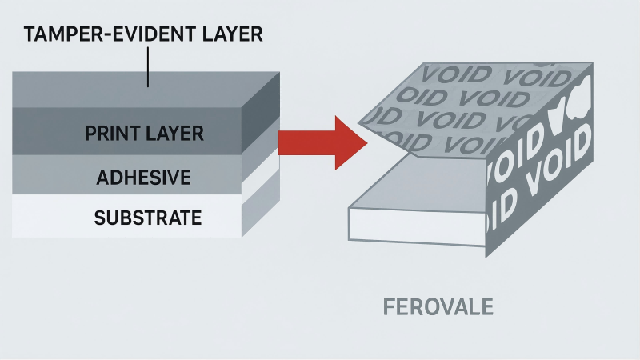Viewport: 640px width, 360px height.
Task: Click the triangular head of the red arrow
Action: tap(349, 142)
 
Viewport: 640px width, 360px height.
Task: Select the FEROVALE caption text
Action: tap(438, 307)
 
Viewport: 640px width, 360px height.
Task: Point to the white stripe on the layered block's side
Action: tap(260, 183)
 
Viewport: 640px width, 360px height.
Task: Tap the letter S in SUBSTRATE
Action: tap(99, 217)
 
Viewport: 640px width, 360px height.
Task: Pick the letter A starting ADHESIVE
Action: tap(102, 176)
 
